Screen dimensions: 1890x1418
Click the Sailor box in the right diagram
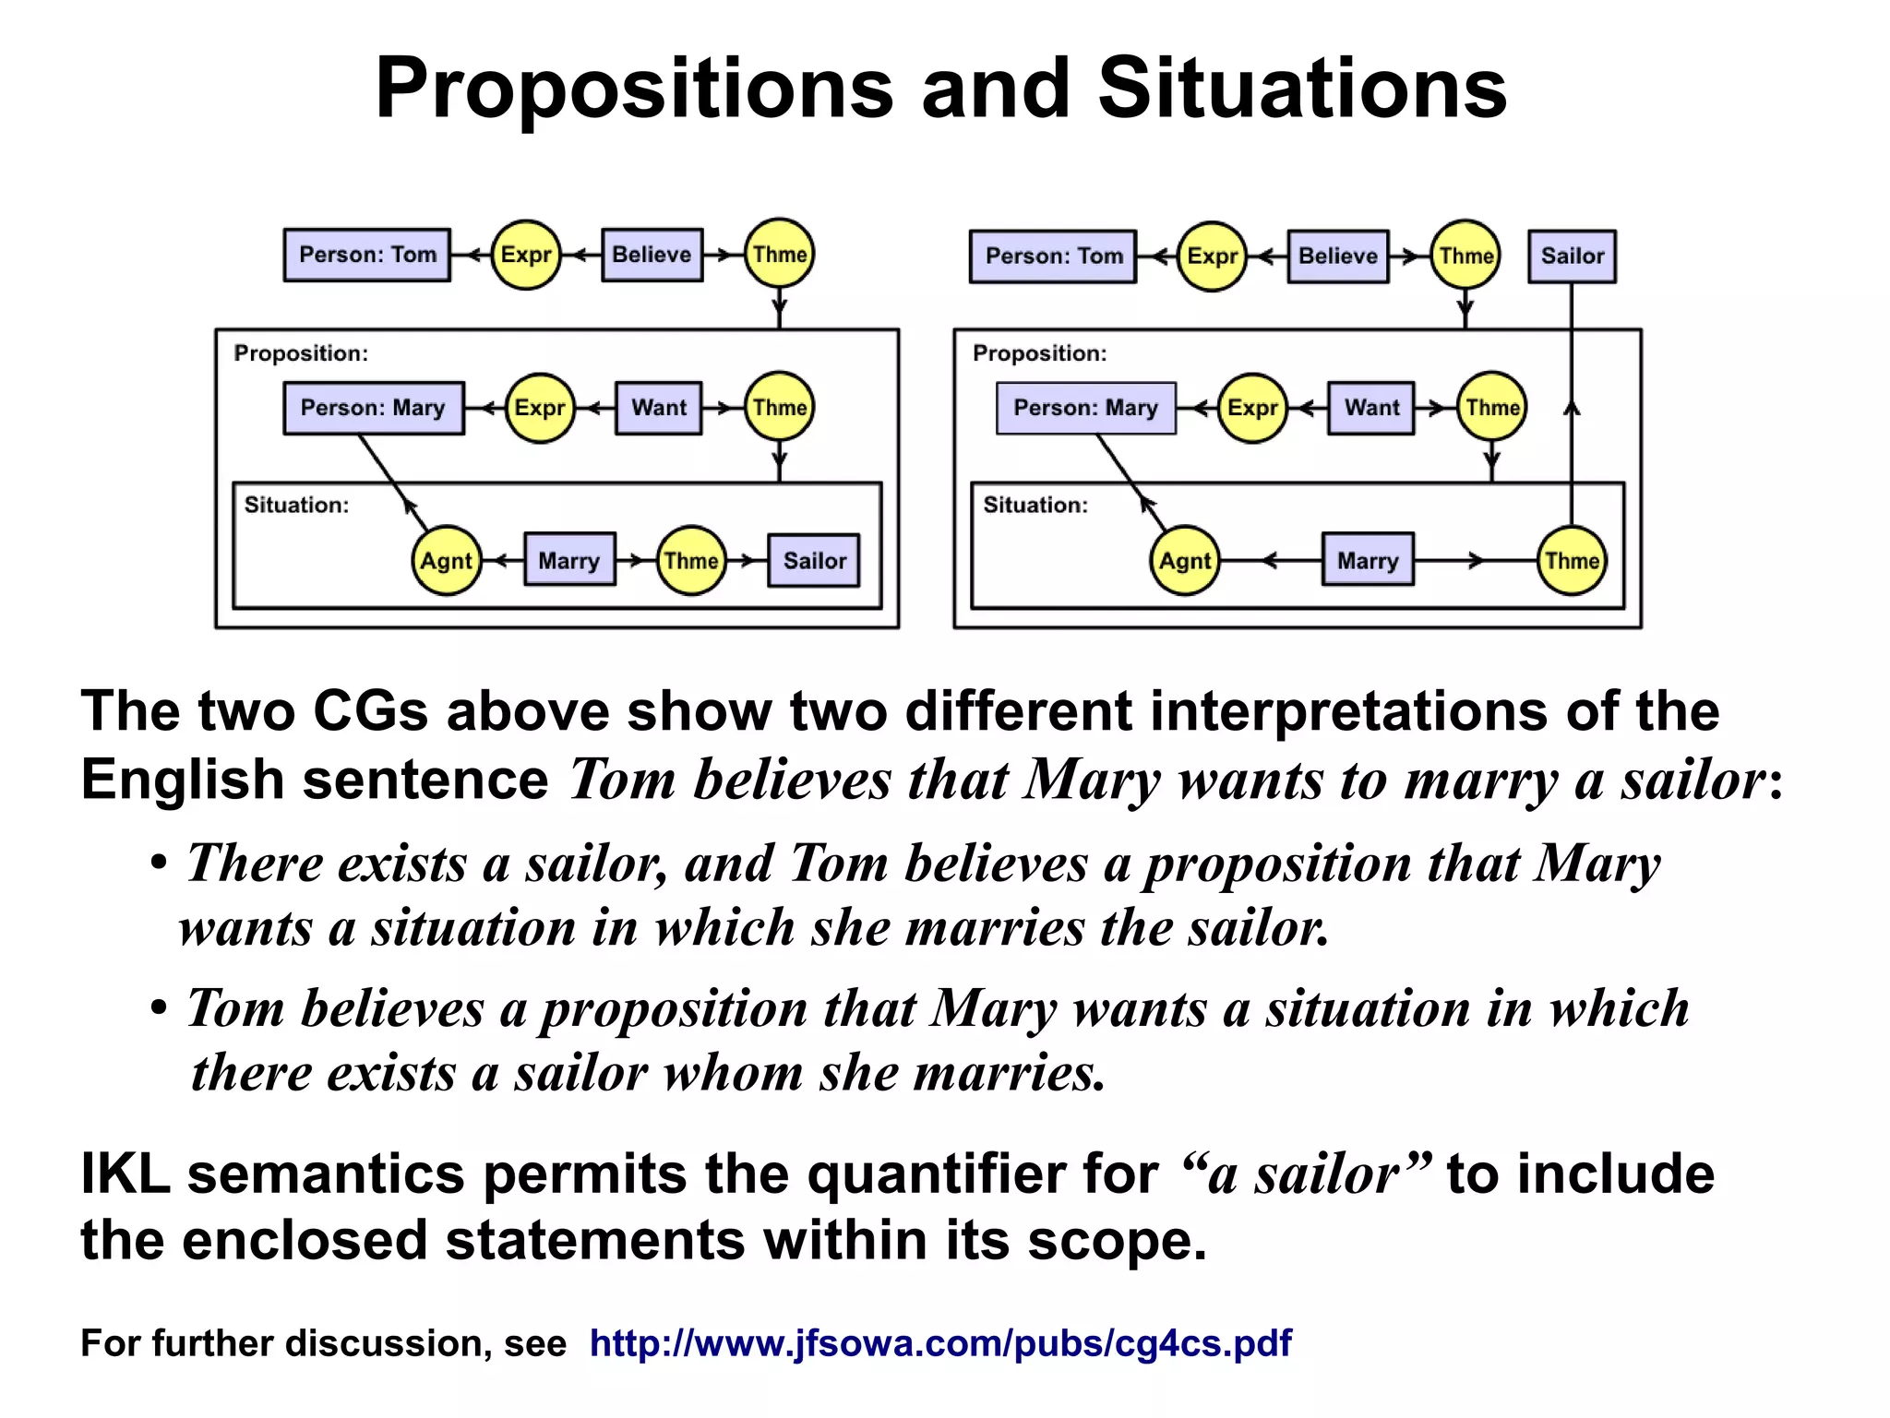click(x=1572, y=256)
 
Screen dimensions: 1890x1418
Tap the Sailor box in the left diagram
click(x=814, y=561)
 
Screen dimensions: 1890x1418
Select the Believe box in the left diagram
click(x=652, y=255)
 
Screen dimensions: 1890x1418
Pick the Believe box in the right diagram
click(x=1337, y=256)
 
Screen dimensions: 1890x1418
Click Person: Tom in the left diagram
click(x=367, y=255)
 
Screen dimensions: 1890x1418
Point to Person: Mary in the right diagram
click(x=1085, y=408)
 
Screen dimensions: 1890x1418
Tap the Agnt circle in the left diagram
click(x=447, y=561)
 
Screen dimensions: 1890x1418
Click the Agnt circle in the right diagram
click(x=1185, y=561)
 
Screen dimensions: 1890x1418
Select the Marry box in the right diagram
click(x=1368, y=561)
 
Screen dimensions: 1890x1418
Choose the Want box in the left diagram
click(x=659, y=408)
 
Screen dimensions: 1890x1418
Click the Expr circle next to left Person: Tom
click(x=526, y=255)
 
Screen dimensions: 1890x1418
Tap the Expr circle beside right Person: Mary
click(x=1252, y=408)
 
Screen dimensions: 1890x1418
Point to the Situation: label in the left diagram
click(x=296, y=506)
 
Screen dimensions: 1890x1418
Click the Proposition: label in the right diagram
click(x=1039, y=353)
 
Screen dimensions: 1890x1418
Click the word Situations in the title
click(x=1302, y=89)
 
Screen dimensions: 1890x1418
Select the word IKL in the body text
click(x=126, y=1174)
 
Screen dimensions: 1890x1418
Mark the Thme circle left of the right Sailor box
click(x=1465, y=256)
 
